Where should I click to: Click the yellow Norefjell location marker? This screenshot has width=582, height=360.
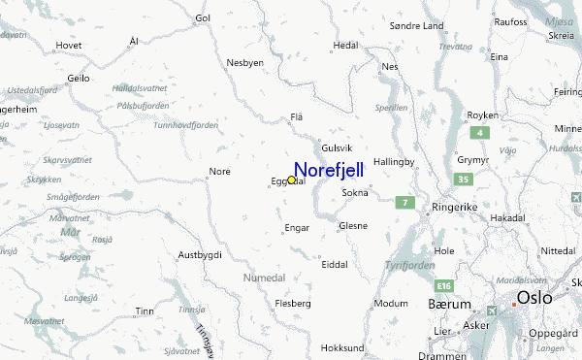(291, 180)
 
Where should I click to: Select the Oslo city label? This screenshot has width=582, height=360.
(534, 298)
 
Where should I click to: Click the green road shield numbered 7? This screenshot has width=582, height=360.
(405, 203)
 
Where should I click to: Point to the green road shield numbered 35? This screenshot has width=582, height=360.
(465, 180)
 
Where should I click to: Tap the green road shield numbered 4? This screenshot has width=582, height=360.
(477, 132)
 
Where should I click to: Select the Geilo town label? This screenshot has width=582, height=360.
(79, 78)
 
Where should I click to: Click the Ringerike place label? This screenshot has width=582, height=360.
(456, 208)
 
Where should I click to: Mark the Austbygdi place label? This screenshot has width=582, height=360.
(200, 254)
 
